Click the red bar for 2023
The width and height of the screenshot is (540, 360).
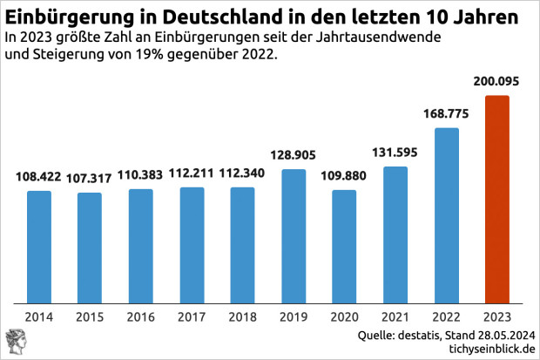pyautogui.click(x=496, y=200)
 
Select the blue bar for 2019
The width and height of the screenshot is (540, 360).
pyautogui.click(x=294, y=236)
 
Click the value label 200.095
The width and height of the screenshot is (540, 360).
pyautogui.click(x=496, y=81)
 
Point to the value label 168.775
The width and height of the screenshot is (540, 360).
pyautogui.click(x=446, y=114)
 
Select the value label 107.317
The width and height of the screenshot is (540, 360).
pyautogui.click(x=90, y=178)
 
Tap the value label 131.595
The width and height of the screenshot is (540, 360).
pyautogui.click(x=395, y=153)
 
